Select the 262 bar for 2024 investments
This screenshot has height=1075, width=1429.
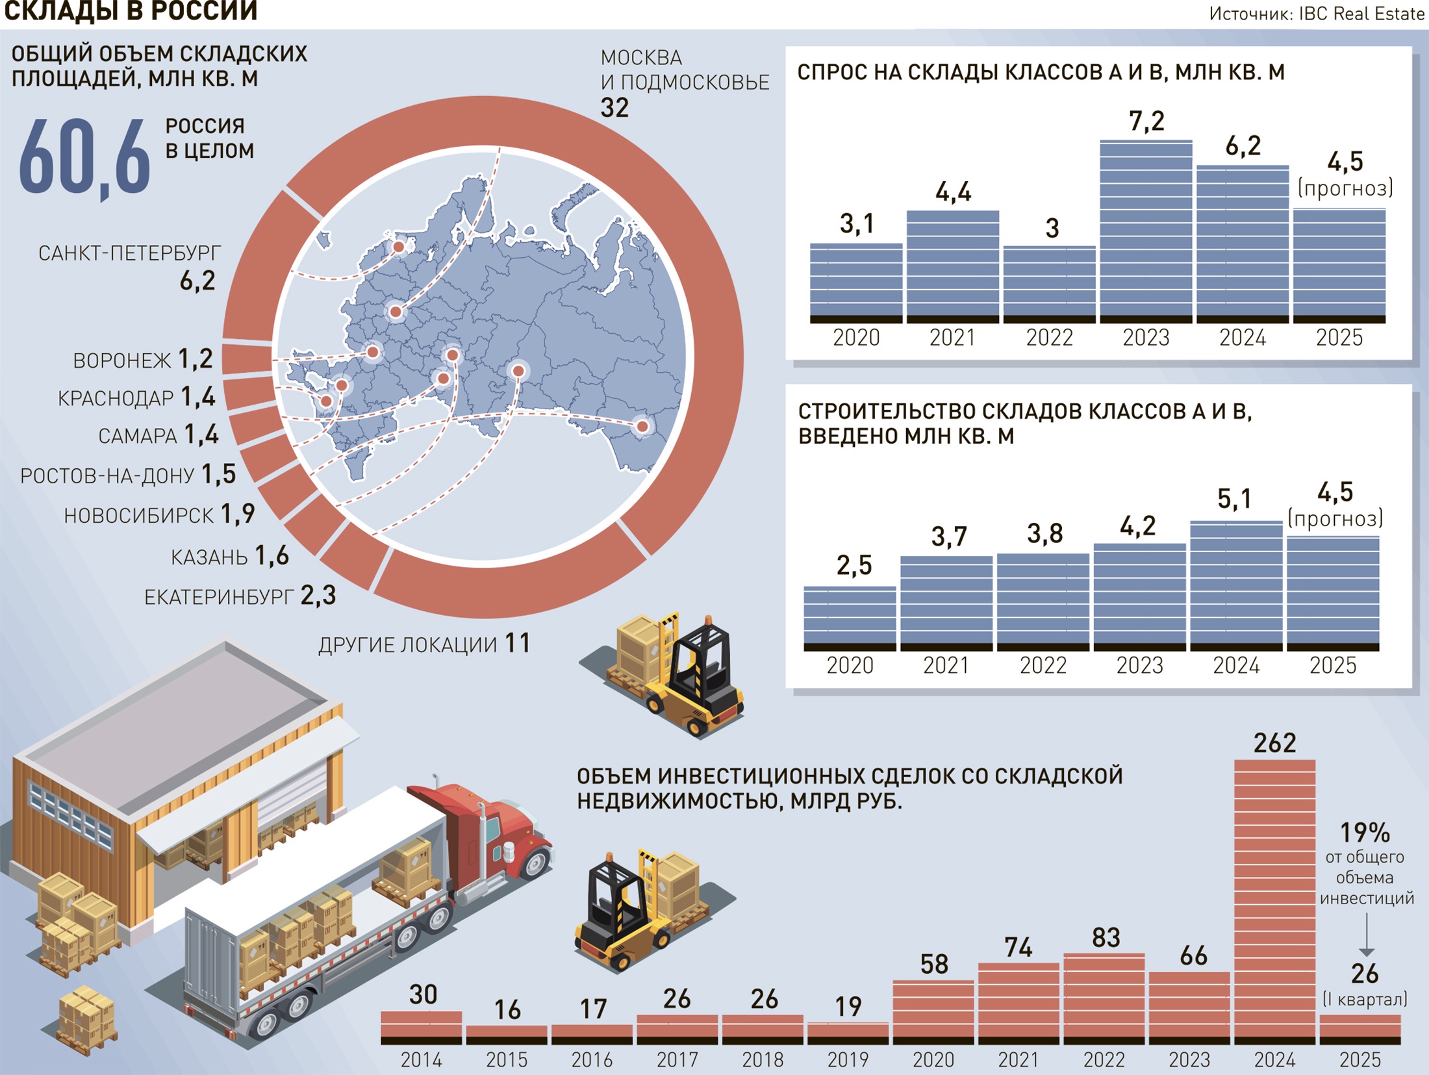click(1274, 900)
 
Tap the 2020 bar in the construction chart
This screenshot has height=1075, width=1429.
click(850, 617)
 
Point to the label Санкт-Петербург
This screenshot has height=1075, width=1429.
click(129, 253)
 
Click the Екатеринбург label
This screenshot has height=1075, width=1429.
click(219, 597)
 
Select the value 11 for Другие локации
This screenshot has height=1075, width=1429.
click(518, 643)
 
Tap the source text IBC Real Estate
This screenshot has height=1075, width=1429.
click(1361, 14)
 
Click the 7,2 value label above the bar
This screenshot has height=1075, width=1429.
click(1146, 121)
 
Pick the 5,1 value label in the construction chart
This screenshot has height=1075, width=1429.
click(1234, 499)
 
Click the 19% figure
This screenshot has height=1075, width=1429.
click(1365, 832)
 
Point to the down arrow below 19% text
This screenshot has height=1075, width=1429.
click(1366, 935)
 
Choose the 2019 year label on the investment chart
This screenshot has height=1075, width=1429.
click(848, 1059)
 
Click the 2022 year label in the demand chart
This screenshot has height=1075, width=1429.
click(1049, 338)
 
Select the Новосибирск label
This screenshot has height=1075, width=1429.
click(138, 516)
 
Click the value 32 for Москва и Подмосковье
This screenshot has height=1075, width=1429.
click(614, 108)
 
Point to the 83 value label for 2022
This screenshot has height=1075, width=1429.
click(1106, 937)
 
